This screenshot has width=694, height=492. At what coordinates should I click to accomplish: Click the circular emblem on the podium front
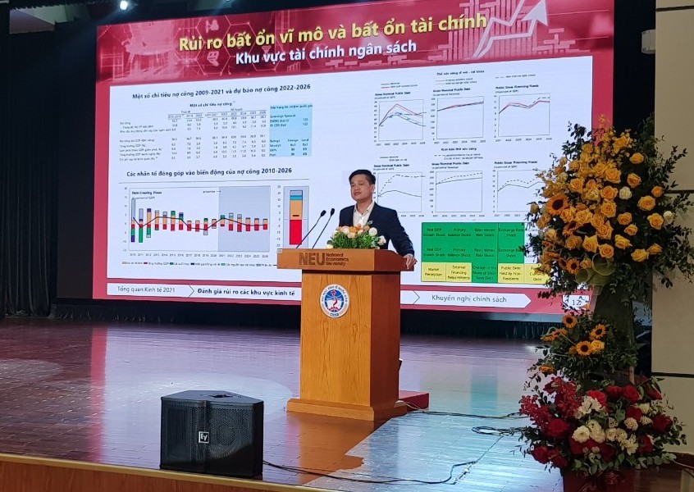point(334,301)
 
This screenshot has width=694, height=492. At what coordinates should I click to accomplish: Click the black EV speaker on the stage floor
point(211,433)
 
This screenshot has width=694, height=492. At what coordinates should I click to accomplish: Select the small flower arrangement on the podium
point(355,238)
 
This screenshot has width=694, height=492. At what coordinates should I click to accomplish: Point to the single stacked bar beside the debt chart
point(295,217)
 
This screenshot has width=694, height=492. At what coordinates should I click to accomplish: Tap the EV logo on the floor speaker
point(203,437)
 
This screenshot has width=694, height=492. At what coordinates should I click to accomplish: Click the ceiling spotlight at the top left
point(124,5)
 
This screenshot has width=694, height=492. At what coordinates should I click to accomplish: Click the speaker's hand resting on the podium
point(408,261)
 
